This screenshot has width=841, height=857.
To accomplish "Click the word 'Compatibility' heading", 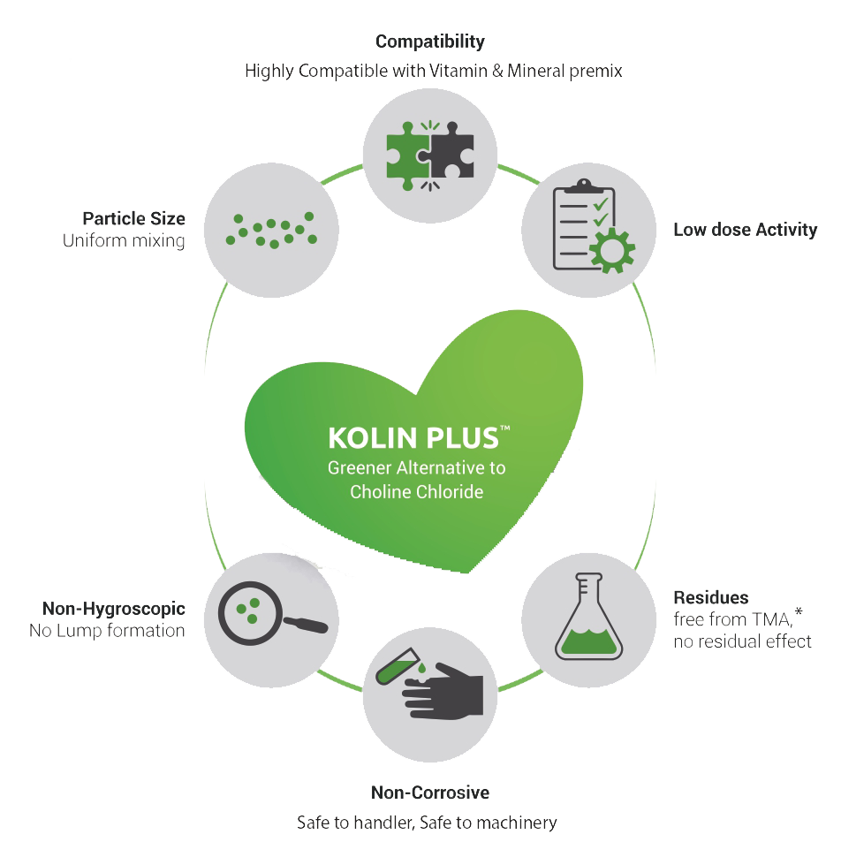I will pos(429,42).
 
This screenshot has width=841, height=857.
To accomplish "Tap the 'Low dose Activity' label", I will pos(744,231).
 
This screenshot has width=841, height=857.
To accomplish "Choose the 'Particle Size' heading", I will pos(133,218).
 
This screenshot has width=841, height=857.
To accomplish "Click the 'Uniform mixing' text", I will pos(124,240).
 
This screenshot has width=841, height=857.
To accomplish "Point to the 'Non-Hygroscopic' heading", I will pos(113,609).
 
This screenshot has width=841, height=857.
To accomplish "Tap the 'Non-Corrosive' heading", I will pos(430,792).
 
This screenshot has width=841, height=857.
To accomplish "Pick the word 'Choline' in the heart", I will pos(379,492).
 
